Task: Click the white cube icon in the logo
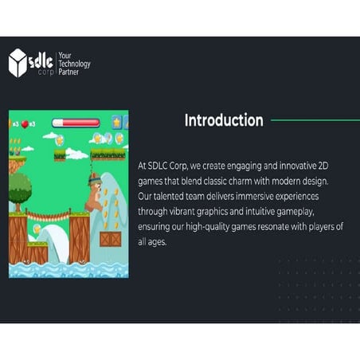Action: [x=18, y=63]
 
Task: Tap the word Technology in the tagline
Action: [x=75, y=64]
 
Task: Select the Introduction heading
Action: [x=224, y=121]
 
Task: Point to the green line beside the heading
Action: [x=315, y=121]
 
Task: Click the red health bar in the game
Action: [x=76, y=123]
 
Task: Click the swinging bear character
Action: [x=94, y=194]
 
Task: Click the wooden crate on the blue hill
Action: [x=110, y=238]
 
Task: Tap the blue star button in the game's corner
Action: [x=117, y=122]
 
